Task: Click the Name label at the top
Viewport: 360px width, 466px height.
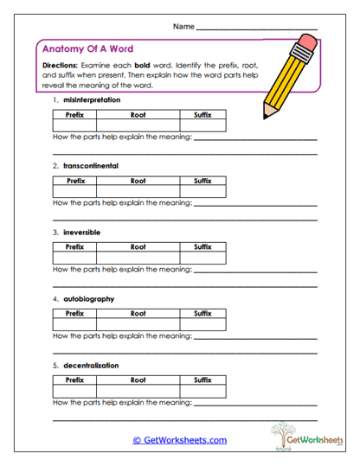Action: [x=183, y=28]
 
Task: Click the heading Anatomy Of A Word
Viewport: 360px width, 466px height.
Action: [x=87, y=49]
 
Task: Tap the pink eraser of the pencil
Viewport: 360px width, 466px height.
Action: [x=309, y=41]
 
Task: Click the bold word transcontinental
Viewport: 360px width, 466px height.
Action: [x=91, y=164]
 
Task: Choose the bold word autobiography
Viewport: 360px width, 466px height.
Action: [x=88, y=299]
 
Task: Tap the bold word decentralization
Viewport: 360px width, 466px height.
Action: [x=91, y=366]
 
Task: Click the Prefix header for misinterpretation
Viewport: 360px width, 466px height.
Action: [x=74, y=115]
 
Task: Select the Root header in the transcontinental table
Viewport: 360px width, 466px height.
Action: [x=138, y=182]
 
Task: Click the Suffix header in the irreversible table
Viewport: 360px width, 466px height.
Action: [x=203, y=247]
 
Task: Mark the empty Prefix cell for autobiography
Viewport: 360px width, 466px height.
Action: [x=74, y=324]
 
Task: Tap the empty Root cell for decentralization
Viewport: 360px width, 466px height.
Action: [x=138, y=391]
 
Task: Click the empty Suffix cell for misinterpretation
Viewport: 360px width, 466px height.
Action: [x=203, y=126]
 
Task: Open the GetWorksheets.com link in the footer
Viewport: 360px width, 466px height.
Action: [x=179, y=440]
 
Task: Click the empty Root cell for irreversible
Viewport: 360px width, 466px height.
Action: [x=138, y=258]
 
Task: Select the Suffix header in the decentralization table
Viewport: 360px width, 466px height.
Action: [x=203, y=380]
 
